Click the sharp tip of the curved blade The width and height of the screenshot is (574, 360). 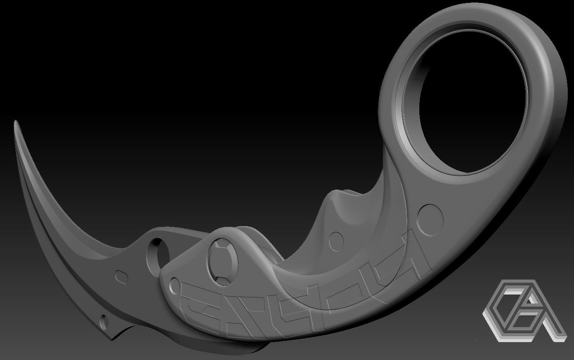pyautogui.click(x=15, y=122)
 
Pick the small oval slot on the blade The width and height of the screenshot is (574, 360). pyautogui.click(x=122, y=275)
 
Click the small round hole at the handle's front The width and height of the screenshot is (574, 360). pyautogui.click(x=174, y=285)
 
